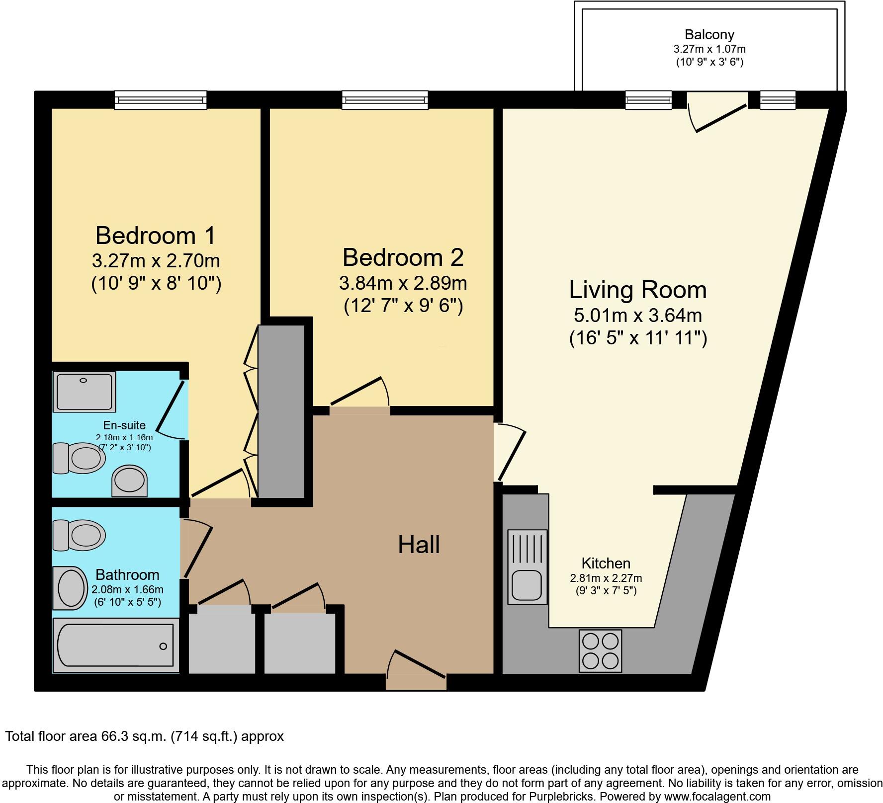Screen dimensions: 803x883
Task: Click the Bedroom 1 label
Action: (x=156, y=236)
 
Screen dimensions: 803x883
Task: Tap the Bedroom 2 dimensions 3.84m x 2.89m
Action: (x=403, y=283)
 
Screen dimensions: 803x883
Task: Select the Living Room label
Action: (x=637, y=290)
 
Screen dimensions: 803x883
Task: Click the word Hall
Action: (x=419, y=545)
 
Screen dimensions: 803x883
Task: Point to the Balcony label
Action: (x=709, y=35)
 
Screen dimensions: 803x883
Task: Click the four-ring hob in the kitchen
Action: (x=600, y=651)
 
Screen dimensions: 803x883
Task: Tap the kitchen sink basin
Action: (x=527, y=586)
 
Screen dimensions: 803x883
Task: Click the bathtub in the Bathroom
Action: (x=116, y=645)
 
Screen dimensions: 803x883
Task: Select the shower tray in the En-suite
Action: (x=84, y=392)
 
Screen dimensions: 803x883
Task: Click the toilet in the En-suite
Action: (x=80, y=458)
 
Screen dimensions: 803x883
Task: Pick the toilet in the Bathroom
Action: (x=80, y=535)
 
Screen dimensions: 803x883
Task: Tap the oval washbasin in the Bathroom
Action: (x=70, y=588)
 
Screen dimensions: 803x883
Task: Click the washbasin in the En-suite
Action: (x=130, y=481)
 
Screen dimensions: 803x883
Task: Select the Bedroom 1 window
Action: (x=160, y=100)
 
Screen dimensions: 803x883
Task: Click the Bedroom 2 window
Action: (x=384, y=100)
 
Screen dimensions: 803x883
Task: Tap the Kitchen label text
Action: (x=606, y=563)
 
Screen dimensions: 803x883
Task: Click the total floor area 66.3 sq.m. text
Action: (x=144, y=736)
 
